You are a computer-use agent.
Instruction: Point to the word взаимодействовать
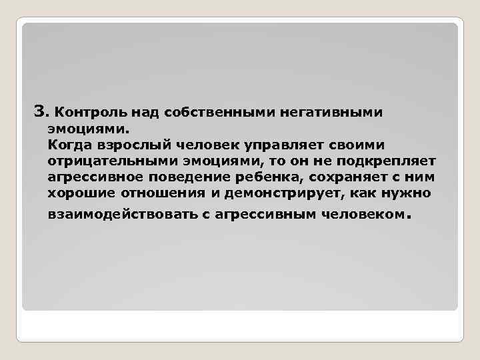[x=123, y=215]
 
